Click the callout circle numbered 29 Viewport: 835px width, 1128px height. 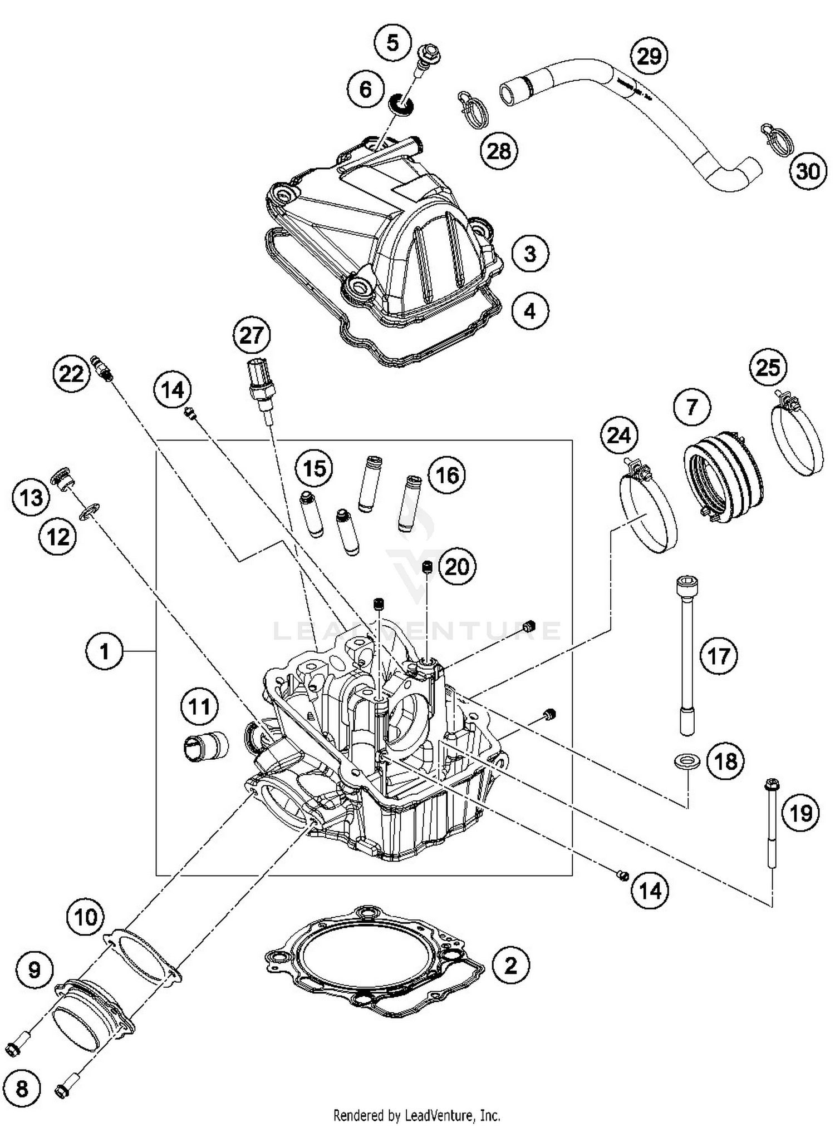tap(649, 56)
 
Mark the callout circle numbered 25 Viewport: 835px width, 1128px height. tap(768, 367)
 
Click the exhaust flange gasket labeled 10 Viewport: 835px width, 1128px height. tap(143, 956)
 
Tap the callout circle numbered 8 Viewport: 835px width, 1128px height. tap(22, 1088)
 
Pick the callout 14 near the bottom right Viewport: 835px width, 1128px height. tap(649, 890)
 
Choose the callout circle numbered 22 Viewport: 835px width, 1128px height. tap(71, 374)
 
